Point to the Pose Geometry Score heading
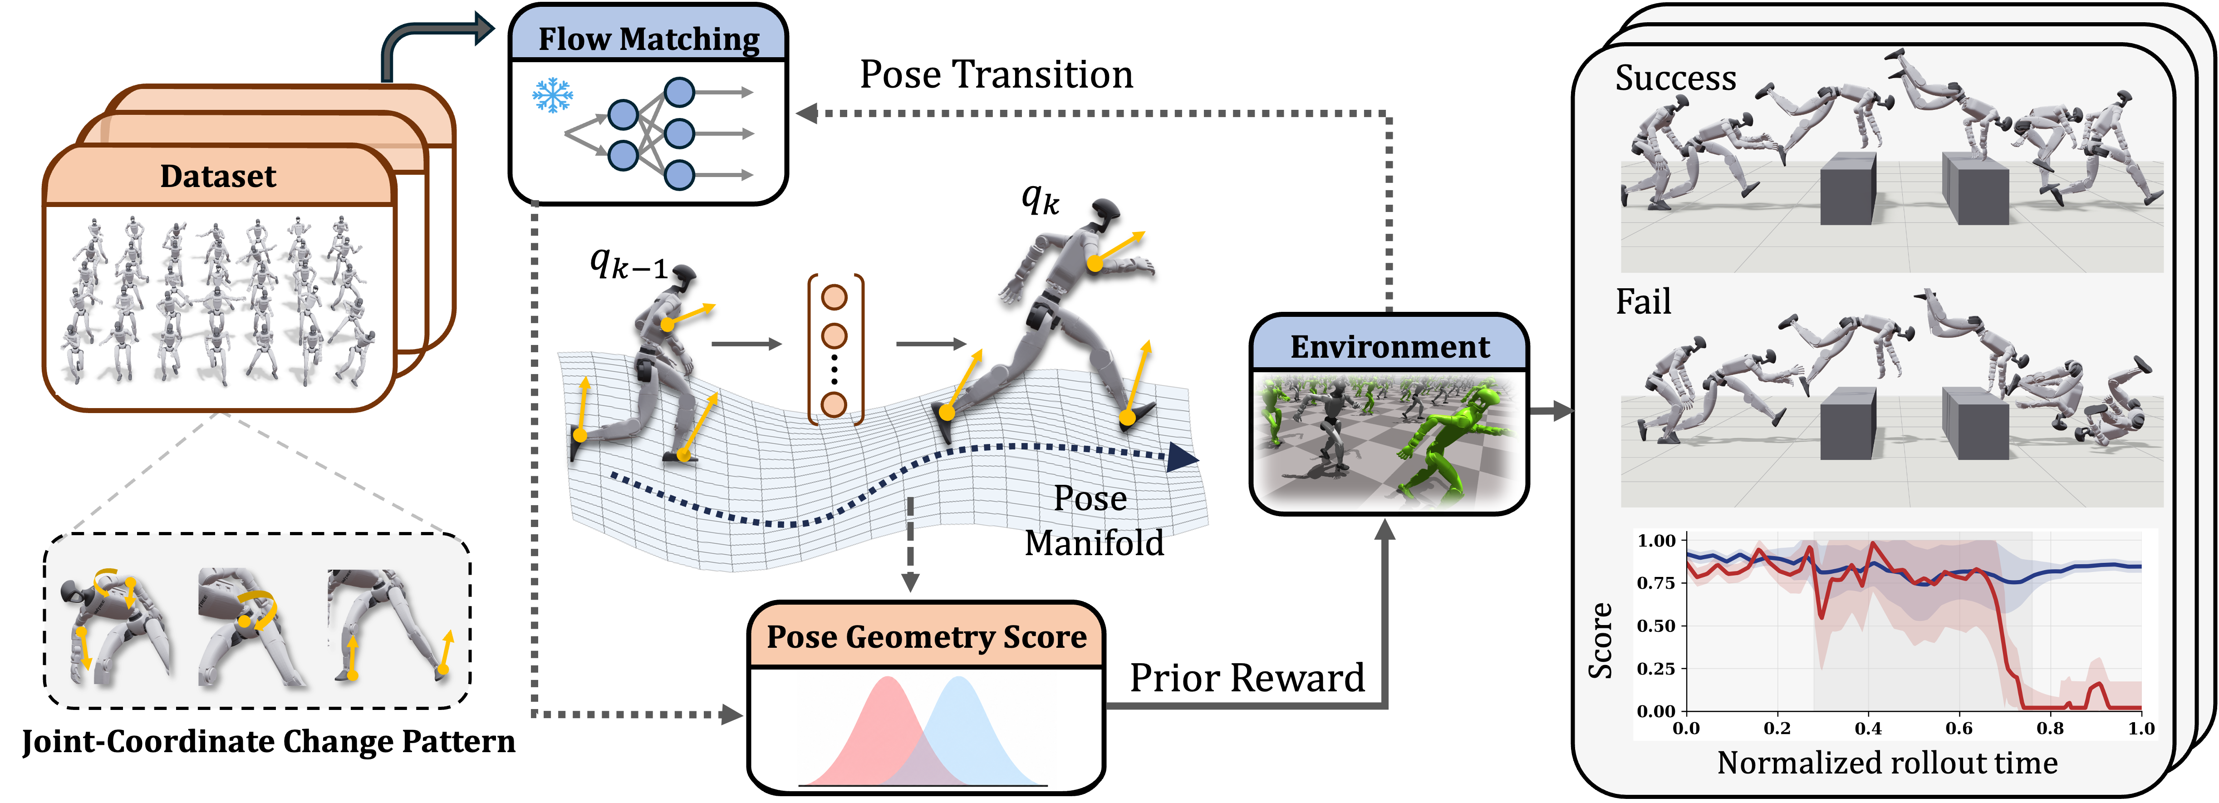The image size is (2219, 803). click(926, 637)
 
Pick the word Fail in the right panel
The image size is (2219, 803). click(1643, 301)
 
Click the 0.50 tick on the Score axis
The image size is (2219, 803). click(1656, 626)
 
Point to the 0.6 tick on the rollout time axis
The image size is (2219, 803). click(1959, 728)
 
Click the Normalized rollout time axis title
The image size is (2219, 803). click(1886, 763)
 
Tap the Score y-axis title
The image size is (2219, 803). click(1600, 640)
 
